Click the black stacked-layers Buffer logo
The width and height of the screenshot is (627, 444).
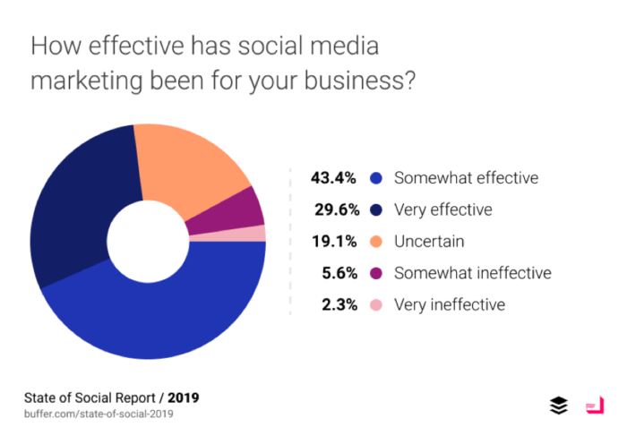tap(559, 406)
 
